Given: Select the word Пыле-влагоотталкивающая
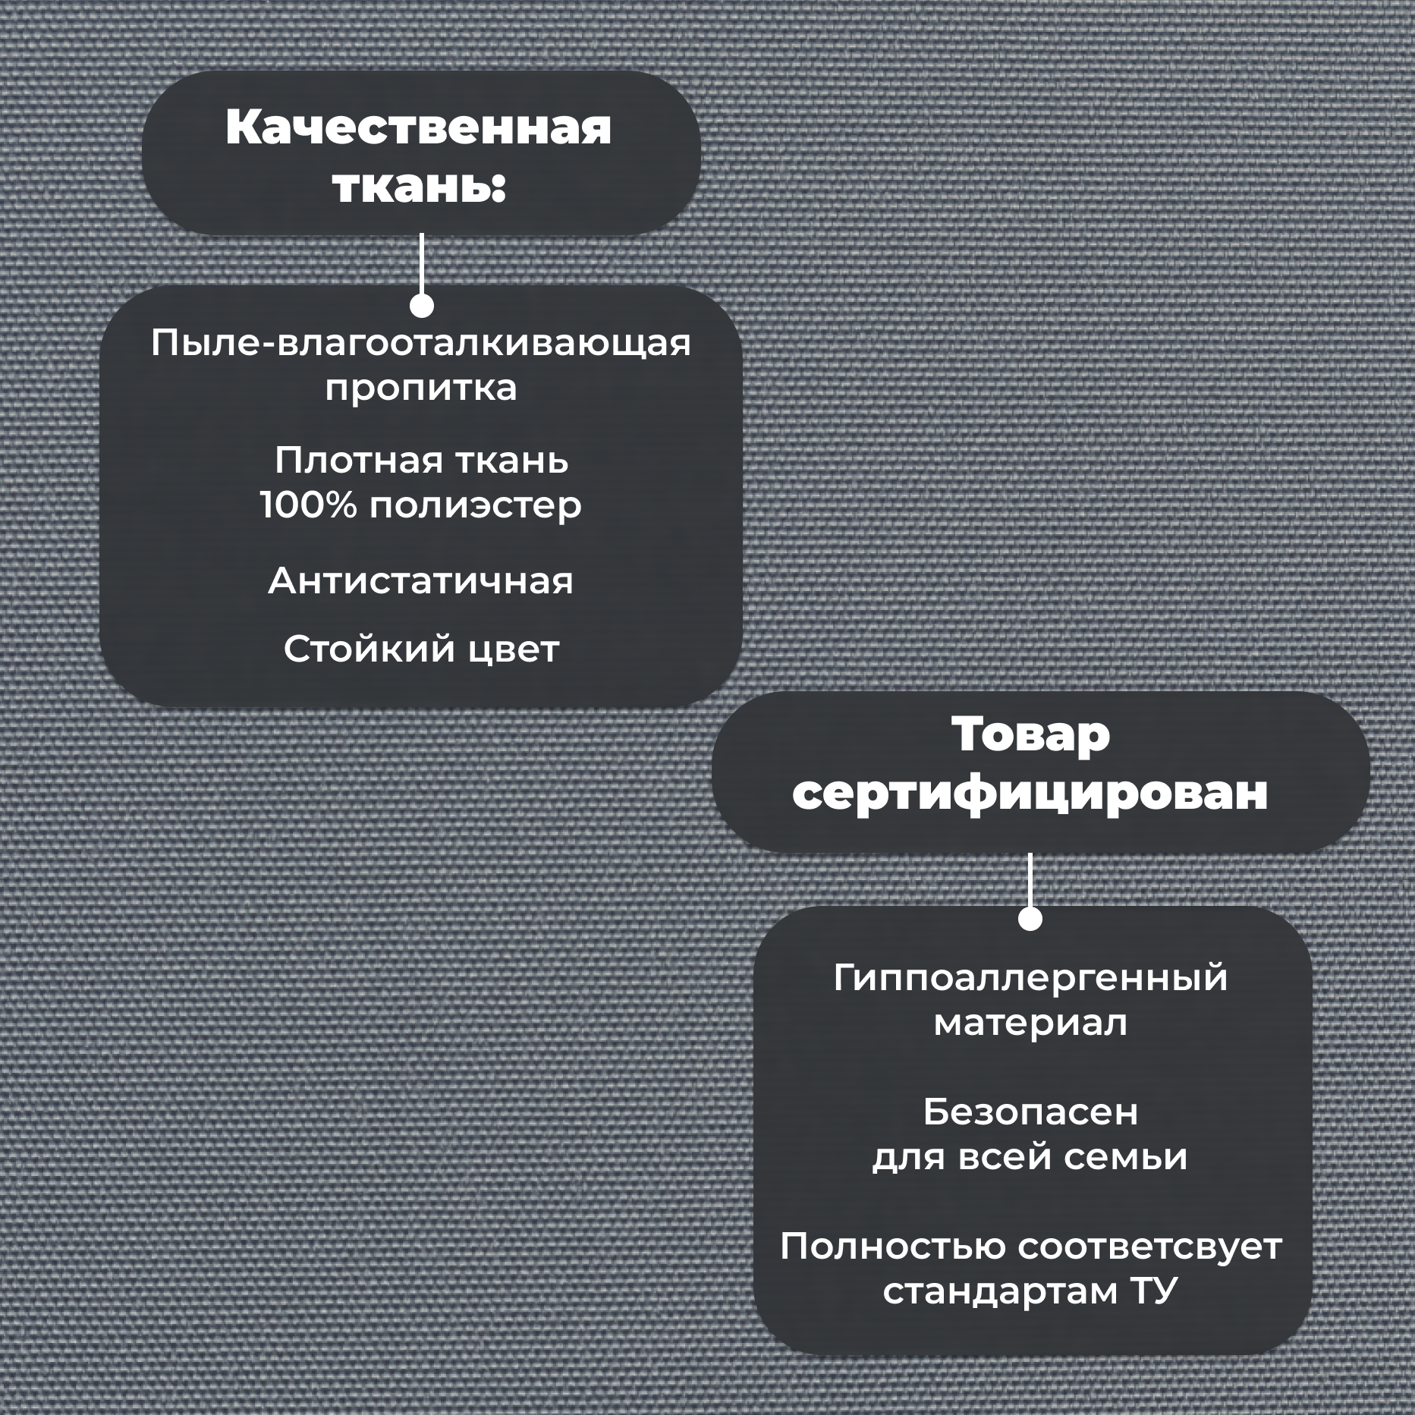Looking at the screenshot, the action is [420, 343].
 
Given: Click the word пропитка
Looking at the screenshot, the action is [420, 388].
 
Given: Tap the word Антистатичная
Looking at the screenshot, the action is [420, 581].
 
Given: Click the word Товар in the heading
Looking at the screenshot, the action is [1030, 734].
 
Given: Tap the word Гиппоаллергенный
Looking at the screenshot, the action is [1030, 979].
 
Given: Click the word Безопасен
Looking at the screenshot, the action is [1030, 1113].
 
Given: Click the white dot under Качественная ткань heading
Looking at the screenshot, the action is [421, 306].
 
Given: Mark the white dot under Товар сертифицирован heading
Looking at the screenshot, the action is [1030, 919].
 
